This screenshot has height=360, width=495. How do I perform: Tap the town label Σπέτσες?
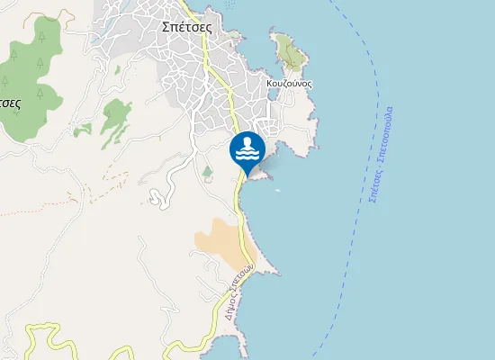186,27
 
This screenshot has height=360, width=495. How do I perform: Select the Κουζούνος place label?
290,83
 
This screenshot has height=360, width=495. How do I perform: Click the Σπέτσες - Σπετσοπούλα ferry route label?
382,154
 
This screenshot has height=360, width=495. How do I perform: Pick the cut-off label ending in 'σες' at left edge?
10,102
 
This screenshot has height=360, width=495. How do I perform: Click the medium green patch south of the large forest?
116,115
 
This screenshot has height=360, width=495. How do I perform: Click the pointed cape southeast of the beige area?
275,273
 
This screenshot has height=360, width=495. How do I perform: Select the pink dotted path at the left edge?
18,214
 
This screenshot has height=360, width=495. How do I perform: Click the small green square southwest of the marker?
208,171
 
